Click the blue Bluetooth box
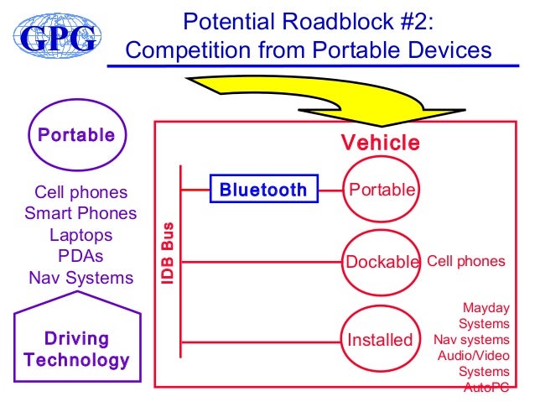coord(263,190)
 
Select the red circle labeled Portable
coord(382,191)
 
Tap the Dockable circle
coord(382,262)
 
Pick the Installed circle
coord(381,340)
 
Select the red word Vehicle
coord(380,144)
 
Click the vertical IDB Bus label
coord(168,252)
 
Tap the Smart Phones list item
coord(81,214)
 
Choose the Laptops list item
coord(81,235)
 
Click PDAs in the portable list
coord(81,256)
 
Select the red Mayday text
coord(486,308)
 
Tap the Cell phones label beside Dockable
coord(466,261)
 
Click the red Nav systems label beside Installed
coord(471,340)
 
